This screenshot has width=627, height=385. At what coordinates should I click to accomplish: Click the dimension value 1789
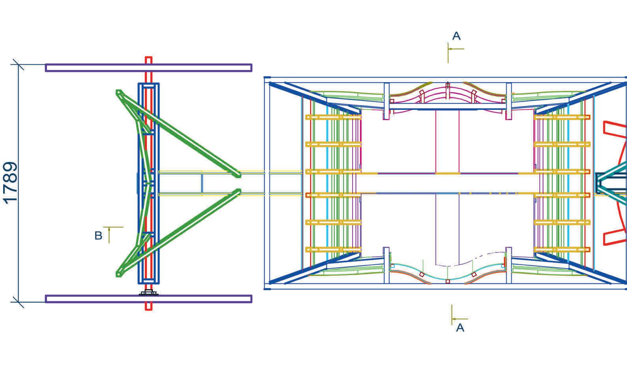point(11,182)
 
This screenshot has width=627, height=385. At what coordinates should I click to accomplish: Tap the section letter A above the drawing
point(456,36)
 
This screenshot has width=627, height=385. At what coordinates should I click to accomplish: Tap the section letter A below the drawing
point(460,328)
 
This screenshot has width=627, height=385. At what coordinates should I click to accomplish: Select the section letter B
point(98,236)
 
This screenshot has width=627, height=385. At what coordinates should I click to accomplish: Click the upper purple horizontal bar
point(148,68)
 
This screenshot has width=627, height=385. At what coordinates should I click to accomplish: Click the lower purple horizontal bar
point(148,299)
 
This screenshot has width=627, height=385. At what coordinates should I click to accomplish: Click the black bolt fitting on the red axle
point(148,293)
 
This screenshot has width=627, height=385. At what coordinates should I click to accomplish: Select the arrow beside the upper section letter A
point(456,49)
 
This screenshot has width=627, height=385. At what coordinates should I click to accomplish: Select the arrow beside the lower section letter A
point(460,319)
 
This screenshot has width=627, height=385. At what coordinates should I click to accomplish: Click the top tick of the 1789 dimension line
point(18,64)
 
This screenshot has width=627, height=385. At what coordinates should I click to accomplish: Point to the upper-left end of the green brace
point(118,92)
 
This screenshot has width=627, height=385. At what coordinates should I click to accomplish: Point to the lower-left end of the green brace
point(118,273)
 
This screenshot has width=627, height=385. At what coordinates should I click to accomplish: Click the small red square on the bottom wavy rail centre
point(447,281)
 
